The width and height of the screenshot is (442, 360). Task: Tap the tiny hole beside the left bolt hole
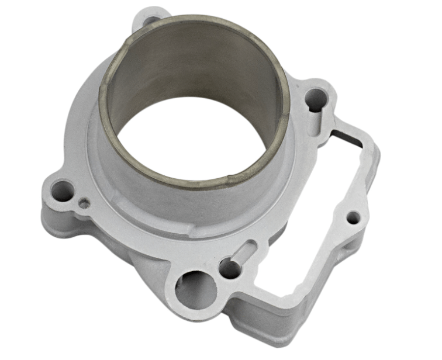[x=85, y=204]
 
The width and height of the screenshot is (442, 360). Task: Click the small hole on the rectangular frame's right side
[x=352, y=219]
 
